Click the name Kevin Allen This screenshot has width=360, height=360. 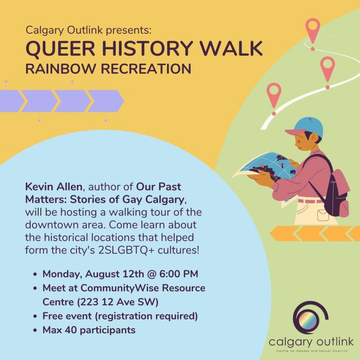pyautogui.click(x=53, y=187)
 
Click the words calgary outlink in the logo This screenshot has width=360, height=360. pyautogui.click(x=311, y=342)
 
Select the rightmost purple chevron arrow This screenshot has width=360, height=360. pyautogui.click(x=106, y=101)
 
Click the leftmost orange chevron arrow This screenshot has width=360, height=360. pyautogui.click(x=284, y=233)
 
